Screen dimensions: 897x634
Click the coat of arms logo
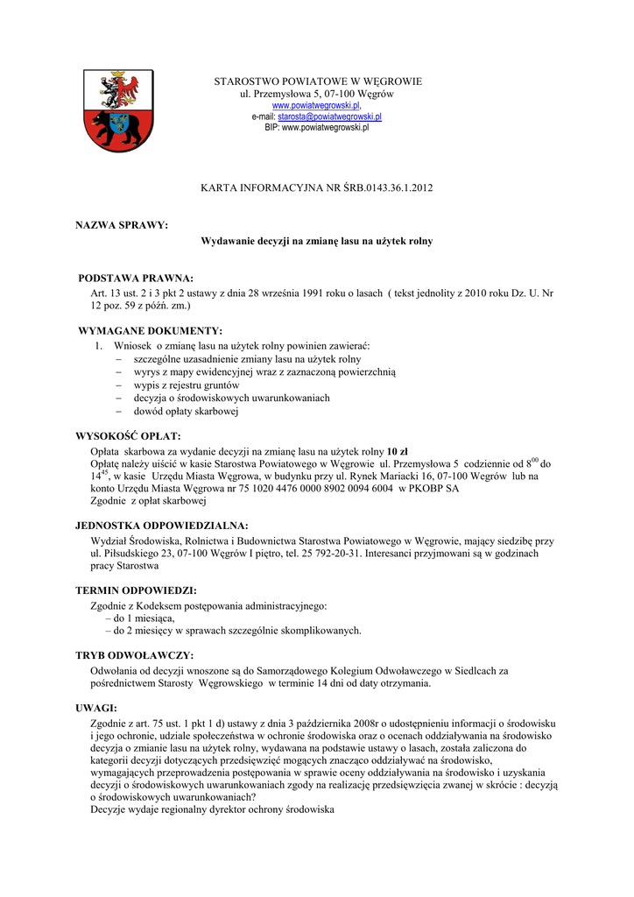(111, 110)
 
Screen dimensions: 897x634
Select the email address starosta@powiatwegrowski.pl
(329, 117)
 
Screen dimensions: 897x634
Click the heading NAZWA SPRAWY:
(122, 225)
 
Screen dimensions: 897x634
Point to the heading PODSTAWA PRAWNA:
(136, 278)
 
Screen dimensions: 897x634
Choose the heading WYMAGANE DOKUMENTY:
(151, 331)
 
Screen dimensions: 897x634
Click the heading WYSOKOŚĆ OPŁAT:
(129, 436)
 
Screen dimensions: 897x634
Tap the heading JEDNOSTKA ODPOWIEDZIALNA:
(163, 526)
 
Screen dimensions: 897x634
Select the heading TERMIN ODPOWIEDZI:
(136, 590)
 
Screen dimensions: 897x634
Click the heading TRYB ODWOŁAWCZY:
(135, 655)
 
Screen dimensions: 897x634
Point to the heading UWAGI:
(96, 708)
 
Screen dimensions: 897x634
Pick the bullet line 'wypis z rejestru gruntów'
(186, 385)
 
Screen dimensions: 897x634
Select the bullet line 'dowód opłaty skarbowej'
(186, 411)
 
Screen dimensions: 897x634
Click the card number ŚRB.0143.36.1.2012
(386, 187)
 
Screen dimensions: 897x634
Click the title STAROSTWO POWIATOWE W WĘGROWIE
(318, 81)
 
